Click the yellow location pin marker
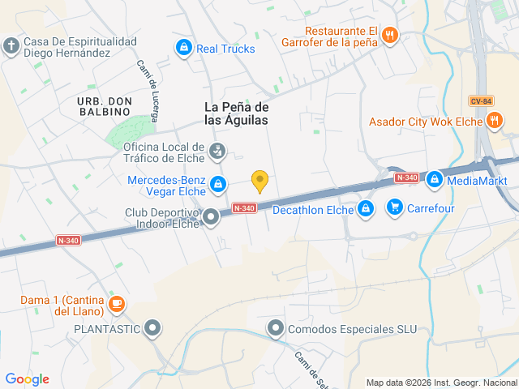pos(259,182)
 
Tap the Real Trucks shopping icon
pos(184,48)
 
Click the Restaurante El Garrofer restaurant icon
pos(390,34)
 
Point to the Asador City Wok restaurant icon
pos(495,122)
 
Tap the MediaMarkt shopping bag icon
pos(434,178)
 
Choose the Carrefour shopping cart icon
pos(394,207)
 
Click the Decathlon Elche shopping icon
pos(366,209)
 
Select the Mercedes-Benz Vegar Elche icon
pos(217,186)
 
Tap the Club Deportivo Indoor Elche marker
pos(211,216)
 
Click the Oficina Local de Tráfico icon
pos(217,152)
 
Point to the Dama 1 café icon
pos(117,304)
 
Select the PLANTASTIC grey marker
pos(152,329)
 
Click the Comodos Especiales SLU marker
pos(276,329)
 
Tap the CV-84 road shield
pos(481,100)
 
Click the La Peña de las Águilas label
pos(236,113)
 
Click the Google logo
pos(27,379)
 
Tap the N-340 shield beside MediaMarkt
pos(406,177)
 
